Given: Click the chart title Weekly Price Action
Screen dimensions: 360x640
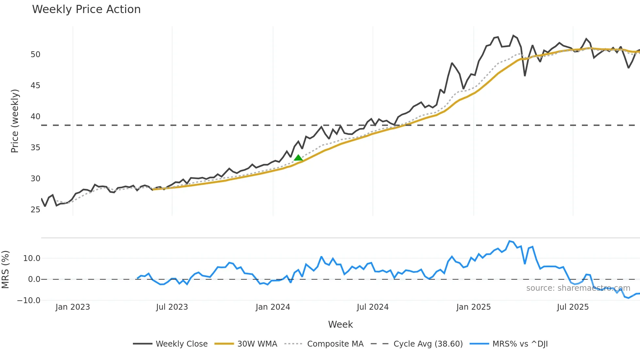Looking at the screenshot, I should click(86, 9).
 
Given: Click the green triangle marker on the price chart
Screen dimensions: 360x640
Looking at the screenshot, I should click(298, 158).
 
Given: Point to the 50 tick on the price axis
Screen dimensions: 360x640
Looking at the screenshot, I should click(35, 55).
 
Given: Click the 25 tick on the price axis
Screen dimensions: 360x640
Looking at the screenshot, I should click(35, 210).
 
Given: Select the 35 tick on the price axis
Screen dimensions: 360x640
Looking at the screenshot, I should click(35, 148).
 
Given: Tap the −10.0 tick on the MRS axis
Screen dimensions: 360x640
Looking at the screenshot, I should click(29, 301).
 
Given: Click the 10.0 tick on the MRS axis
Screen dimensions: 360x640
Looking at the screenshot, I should click(32, 258).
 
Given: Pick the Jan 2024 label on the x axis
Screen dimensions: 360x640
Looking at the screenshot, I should click(273, 307).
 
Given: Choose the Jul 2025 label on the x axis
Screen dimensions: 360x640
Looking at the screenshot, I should click(573, 307).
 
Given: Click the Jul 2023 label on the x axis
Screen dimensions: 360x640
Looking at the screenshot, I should click(172, 307).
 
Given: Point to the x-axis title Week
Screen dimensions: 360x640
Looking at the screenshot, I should click(340, 324).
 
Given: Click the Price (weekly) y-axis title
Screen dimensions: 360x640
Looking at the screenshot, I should click(15, 121).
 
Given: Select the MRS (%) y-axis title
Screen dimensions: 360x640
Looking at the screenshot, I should click(5, 270).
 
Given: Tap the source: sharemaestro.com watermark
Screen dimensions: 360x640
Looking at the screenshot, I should click(578, 288).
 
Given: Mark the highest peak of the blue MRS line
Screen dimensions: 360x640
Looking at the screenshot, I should click(510, 241).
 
